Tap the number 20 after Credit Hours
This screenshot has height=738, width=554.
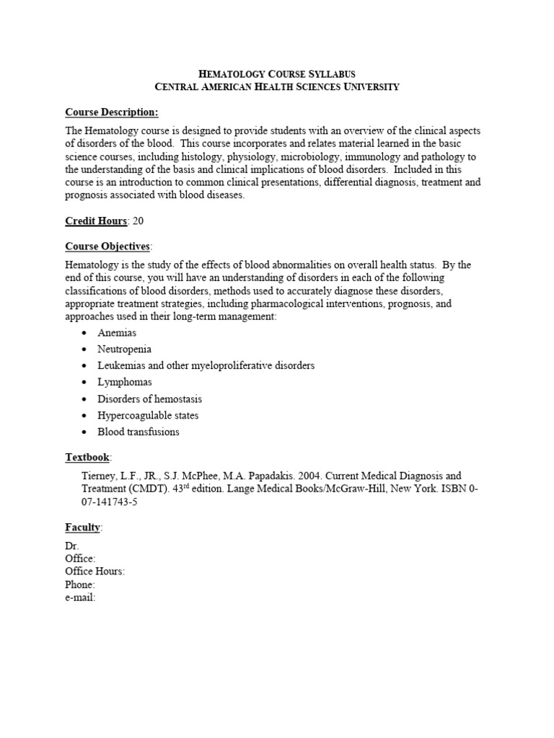pyautogui.click(x=138, y=221)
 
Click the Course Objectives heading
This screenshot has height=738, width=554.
pyautogui.click(x=108, y=246)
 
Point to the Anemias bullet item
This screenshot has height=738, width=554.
pyautogui.click(x=117, y=332)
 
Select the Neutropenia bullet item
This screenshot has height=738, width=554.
pyautogui.click(x=124, y=349)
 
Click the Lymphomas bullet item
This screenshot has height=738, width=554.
pyautogui.click(x=125, y=382)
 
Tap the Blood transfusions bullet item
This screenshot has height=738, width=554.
pyautogui.click(x=138, y=432)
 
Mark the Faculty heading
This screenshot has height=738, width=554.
pyautogui.click(x=83, y=528)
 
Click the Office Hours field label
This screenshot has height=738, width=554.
pyautogui.click(x=94, y=571)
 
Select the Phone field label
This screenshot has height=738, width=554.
pyautogui.click(x=80, y=584)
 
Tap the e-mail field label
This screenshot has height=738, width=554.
pyautogui.click(x=80, y=597)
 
